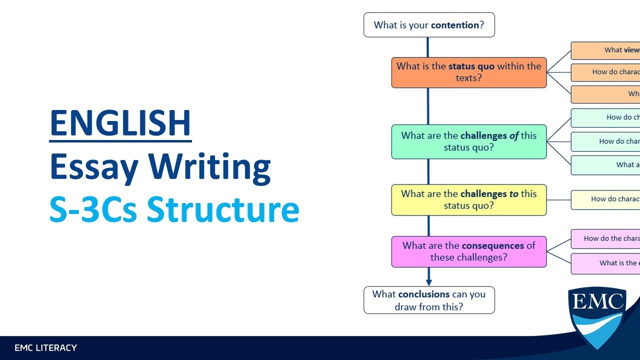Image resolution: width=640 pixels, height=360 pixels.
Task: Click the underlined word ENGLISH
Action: [x=120, y=123]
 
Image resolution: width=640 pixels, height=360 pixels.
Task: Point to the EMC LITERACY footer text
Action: [x=45, y=347]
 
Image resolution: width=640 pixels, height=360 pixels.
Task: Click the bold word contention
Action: [x=455, y=25]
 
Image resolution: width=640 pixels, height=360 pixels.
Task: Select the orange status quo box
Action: [x=468, y=72]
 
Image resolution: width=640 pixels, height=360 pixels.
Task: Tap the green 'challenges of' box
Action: [x=468, y=141]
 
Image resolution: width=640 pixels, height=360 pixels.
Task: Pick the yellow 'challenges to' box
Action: [x=468, y=200]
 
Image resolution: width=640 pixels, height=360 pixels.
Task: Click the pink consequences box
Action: [x=468, y=251]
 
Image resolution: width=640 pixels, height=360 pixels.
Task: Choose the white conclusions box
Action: [x=429, y=300]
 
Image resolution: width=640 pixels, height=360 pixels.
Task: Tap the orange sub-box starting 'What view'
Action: [x=605, y=50]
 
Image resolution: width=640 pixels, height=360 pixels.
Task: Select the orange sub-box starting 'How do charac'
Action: [x=605, y=72]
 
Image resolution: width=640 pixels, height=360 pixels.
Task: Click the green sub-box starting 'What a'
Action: [x=605, y=165]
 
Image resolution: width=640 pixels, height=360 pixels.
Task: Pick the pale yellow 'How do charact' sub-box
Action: [x=605, y=199]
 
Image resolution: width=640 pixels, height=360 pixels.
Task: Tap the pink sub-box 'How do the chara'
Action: [x=605, y=238]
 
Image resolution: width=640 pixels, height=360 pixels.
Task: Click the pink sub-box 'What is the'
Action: [x=605, y=263]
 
